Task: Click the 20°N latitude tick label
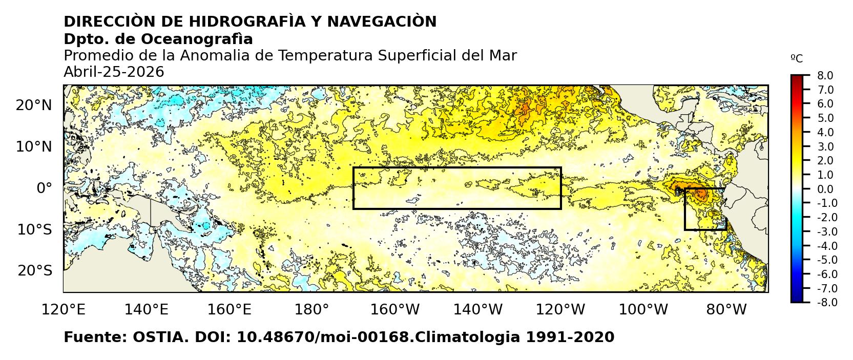click(x=34, y=105)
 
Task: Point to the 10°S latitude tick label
click(x=34, y=229)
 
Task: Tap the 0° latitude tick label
click(x=45, y=188)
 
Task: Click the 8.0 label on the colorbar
click(x=825, y=76)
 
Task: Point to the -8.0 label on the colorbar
click(x=824, y=303)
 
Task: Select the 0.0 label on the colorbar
click(x=825, y=189)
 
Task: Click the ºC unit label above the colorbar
click(x=797, y=59)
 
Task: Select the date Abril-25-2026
click(x=114, y=72)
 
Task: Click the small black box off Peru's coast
click(x=705, y=209)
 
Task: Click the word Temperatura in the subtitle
click(x=336, y=56)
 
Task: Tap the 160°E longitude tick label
click(x=231, y=310)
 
